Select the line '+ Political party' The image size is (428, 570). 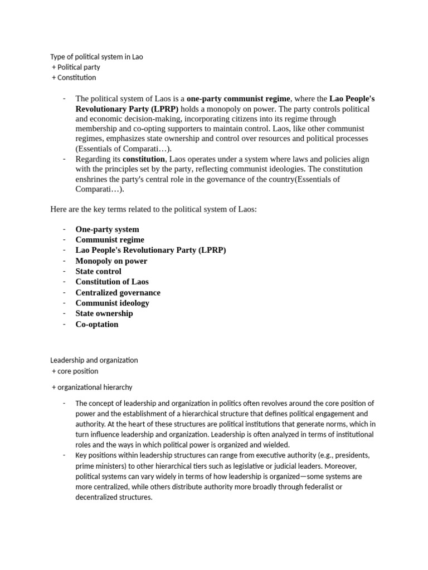(76, 67)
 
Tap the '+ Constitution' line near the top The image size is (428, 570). (74, 77)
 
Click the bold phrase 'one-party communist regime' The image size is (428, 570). (239, 99)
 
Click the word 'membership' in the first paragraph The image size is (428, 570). (95, 129)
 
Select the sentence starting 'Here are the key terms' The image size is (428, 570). (153, 209)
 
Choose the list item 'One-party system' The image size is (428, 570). (107, 229)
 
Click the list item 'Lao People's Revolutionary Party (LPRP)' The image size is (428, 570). (150, 250)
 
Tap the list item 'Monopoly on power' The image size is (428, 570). (111, 261)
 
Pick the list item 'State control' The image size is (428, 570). (98, 272)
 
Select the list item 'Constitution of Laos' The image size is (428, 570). (112, 282)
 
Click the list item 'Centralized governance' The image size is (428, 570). (118, 292)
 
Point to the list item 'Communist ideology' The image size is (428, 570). (112, 303)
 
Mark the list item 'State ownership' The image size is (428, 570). (104, 313)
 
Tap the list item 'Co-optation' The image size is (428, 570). (97, 324)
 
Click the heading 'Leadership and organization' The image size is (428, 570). (94, 360)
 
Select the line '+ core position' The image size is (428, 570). (75, 371)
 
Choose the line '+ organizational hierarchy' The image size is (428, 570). (92, 387)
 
